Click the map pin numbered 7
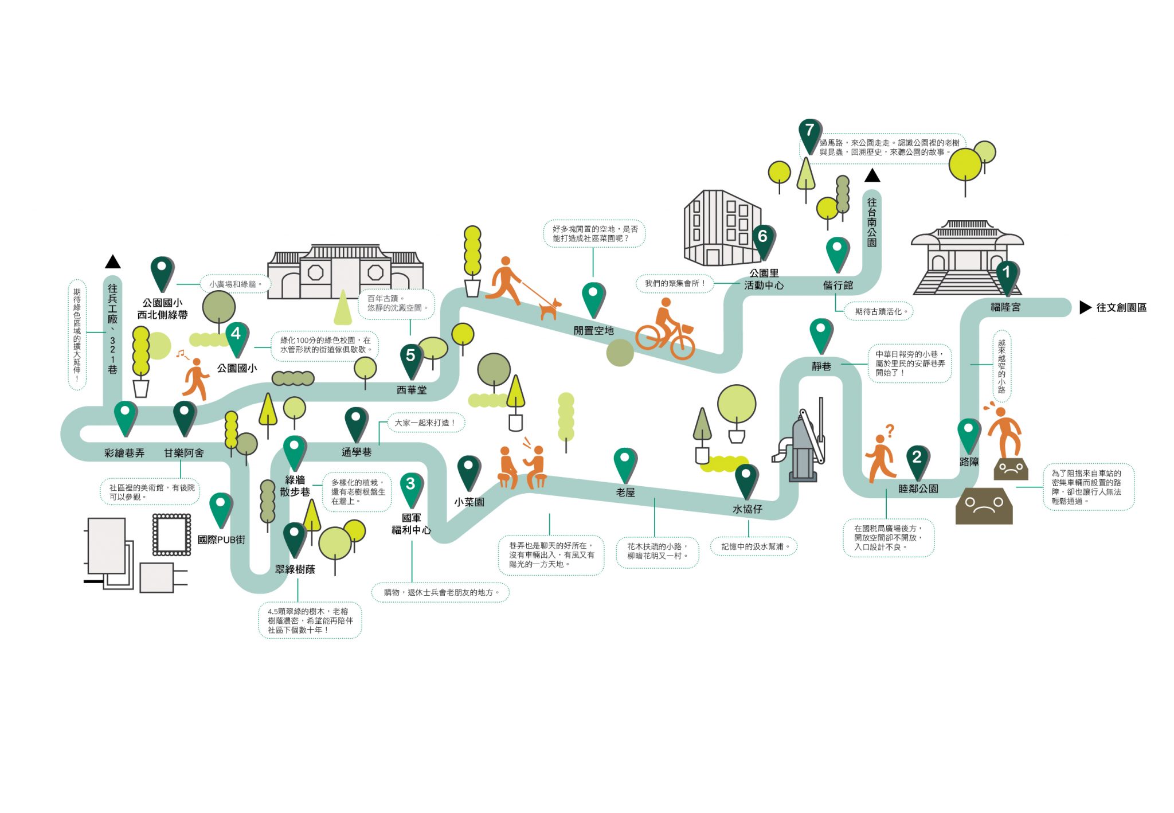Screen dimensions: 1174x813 (810, 136)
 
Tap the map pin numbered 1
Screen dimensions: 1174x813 (1007, 277)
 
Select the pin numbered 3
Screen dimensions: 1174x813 (411, 489)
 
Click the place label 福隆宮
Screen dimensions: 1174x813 (1005, 307)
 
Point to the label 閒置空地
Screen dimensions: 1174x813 (593, 331)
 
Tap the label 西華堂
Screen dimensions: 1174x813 (412, 390)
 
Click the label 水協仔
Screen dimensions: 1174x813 (748, 509)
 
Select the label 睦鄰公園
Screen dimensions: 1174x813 (918, 489)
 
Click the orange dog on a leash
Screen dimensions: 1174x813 (549, 310)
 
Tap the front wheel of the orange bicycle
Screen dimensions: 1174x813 (682, 345)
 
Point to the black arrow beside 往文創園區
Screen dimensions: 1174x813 (1085, 307)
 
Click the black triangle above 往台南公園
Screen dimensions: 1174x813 (872, 175)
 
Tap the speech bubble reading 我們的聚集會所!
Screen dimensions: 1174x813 (675, 283)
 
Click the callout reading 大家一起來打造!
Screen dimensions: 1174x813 (426, 423)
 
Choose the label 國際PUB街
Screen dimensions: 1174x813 (221, 540)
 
